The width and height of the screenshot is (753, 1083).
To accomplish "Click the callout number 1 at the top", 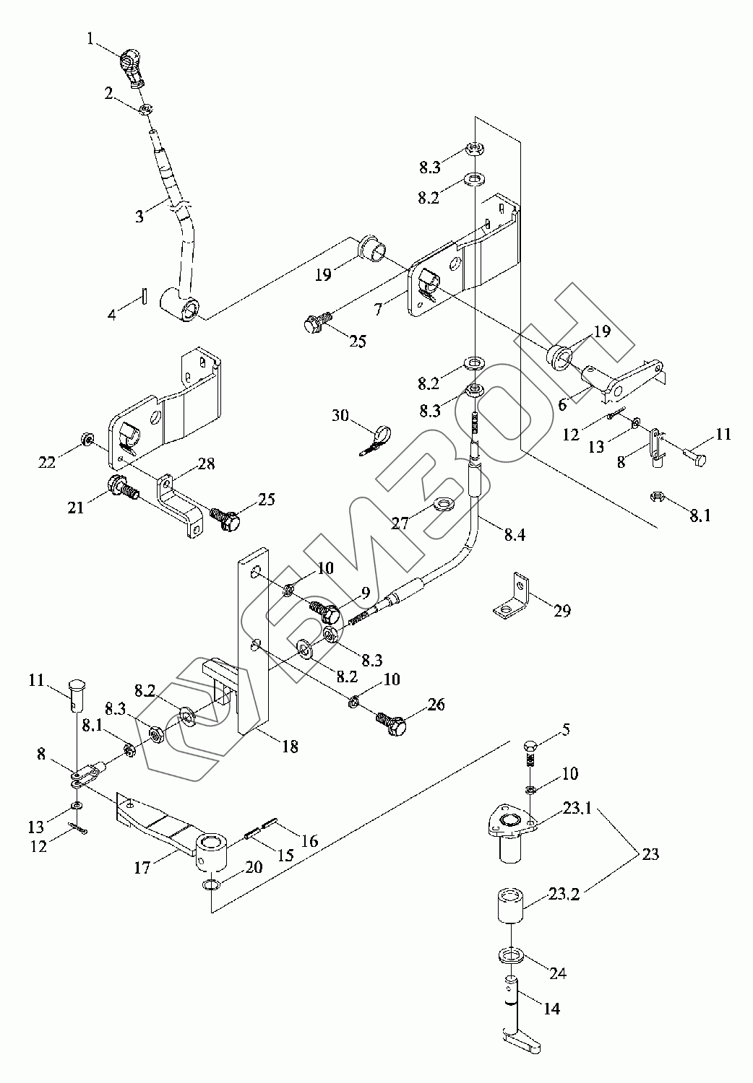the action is (90, 38).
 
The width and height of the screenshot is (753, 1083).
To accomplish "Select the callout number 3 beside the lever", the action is (139, 216).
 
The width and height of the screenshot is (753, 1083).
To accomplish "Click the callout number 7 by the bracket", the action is (379, 308).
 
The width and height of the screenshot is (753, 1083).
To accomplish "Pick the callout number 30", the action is (340, 415).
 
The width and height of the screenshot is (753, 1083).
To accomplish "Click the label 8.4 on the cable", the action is (515, 535).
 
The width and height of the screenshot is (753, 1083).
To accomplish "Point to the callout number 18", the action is (290, 747).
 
